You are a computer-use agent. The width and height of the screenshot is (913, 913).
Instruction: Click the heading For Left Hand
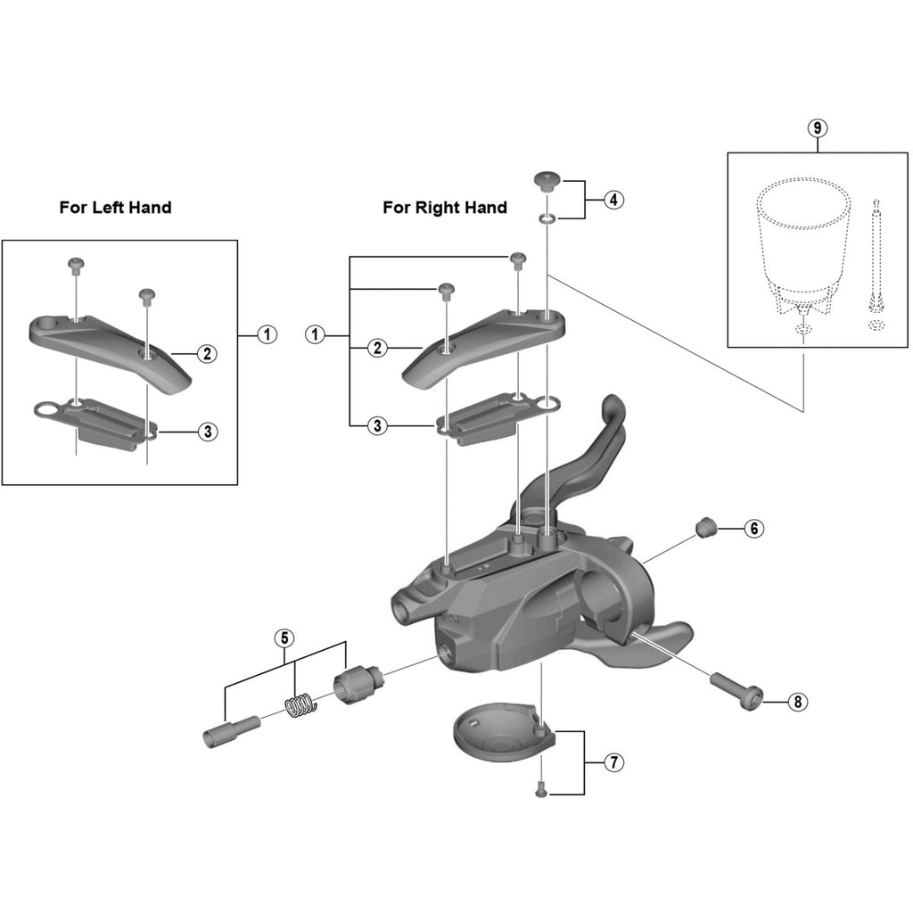pos(115,208)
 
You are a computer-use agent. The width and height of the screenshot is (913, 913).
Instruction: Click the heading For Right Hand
pos(445,208)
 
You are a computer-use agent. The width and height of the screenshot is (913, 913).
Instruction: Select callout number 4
pos(613,200)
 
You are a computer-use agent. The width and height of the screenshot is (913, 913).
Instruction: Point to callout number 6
pos(753,529)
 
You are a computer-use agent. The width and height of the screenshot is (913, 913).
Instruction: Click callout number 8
pos(797,702)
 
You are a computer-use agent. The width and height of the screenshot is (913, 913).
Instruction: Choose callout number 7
pos(613,762)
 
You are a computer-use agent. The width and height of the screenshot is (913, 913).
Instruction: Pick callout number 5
pos(284,637)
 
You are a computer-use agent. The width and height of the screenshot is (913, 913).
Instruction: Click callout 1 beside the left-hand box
pos(266,335)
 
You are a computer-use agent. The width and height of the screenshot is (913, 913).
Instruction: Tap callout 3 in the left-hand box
pos(206,432)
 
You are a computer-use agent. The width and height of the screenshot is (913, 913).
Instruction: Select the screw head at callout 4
pos(545,182)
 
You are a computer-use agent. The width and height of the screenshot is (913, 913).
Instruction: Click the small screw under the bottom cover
pos(539,788)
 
